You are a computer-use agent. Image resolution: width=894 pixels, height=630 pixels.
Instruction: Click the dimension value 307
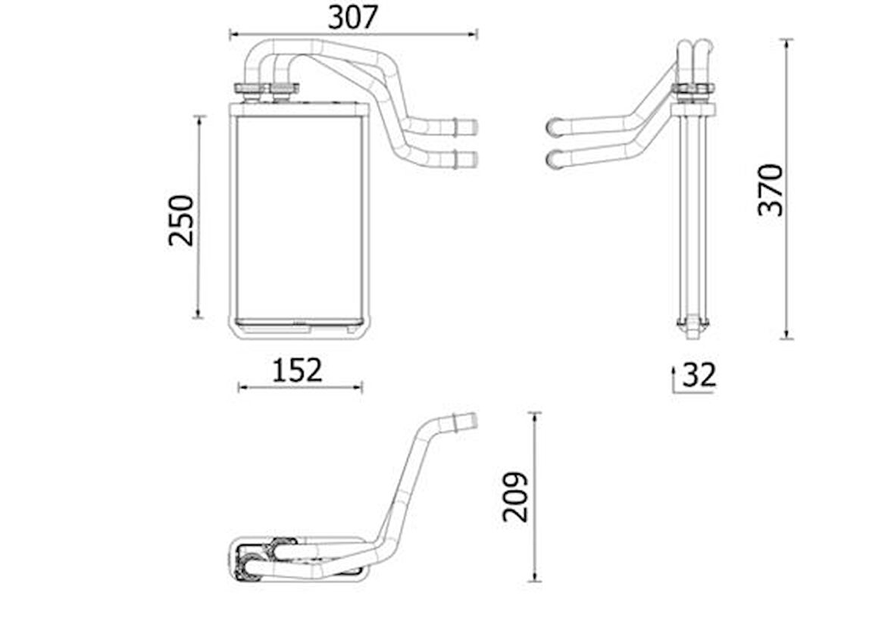(352, 17)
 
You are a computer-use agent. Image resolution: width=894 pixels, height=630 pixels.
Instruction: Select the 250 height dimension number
(181, 220)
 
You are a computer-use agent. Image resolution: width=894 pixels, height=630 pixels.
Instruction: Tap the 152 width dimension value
(298, 370)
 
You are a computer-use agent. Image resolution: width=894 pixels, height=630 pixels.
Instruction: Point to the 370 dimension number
(771, 189)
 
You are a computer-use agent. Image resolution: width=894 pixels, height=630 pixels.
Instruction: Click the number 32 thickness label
(699, 375)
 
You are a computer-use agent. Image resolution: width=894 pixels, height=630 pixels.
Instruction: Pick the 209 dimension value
(515, 497)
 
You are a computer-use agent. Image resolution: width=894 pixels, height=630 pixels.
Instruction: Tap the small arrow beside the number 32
(673, 371)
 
